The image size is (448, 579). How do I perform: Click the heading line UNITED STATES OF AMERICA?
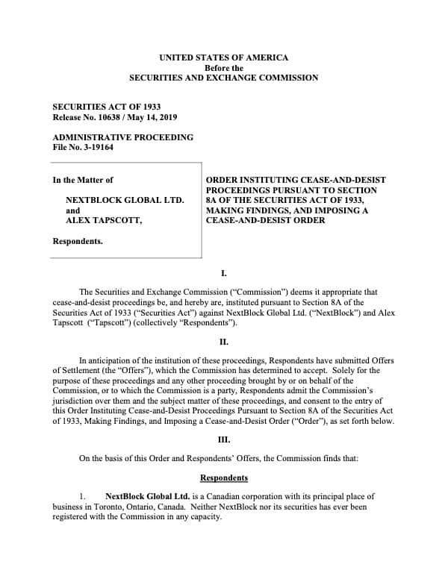(224, 57)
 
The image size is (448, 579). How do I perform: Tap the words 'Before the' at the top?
(224, 67)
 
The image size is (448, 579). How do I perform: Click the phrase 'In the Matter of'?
(83, 180)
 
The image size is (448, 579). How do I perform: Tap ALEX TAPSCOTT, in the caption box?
(104, 221)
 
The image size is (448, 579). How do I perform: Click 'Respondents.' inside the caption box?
(78, 242)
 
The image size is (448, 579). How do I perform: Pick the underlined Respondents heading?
(224, 478)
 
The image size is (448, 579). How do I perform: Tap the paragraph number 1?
(84, 496)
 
